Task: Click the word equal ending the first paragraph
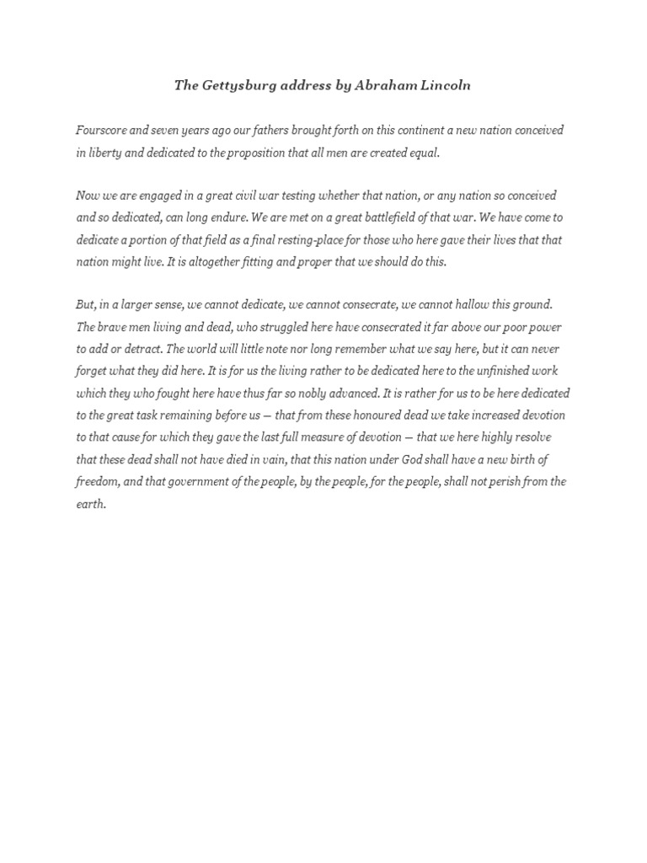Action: (x=423, y=153)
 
